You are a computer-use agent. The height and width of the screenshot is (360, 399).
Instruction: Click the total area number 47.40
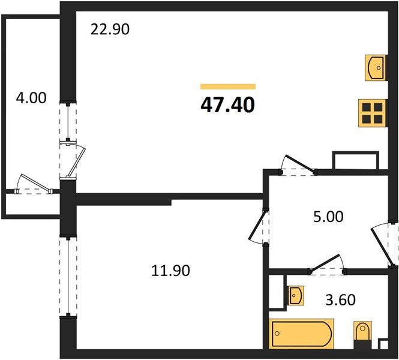pyautogui.click(x=228, y=106)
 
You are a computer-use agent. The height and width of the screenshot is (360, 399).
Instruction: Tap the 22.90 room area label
pyautogui.click(x=110, y=29)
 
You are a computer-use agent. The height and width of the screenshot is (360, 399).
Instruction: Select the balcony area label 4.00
pyautogui.click(x=31, y=97)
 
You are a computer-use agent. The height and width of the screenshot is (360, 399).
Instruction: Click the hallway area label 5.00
pyautogui.click(x=329, y=216)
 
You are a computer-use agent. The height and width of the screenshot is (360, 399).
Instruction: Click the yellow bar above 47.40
pyautogui.click(x=228, y=86)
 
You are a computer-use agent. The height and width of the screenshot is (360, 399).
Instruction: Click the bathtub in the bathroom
pyautogui.click(x=301, y=334)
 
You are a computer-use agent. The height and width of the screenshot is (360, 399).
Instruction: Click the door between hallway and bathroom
pyautogui.click(x=325, y=264)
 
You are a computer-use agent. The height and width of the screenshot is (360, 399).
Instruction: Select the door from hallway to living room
pyautogui.click(x=299, y=164)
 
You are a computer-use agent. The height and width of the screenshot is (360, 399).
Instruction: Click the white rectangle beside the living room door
pyautogui.click(x=356, y=161)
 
